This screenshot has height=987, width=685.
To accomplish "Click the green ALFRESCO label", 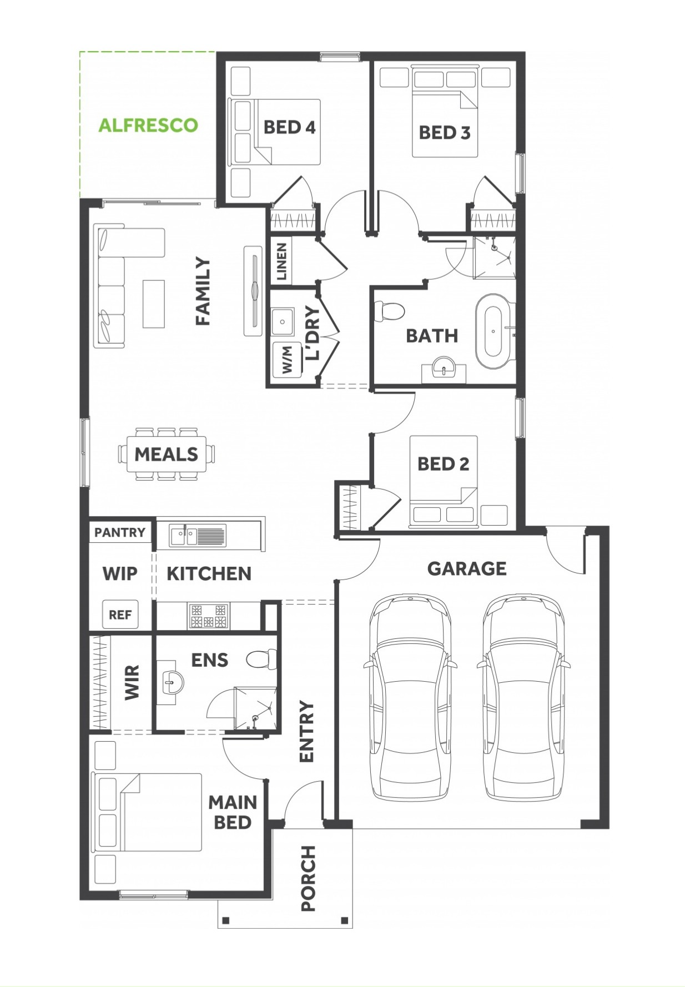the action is [x=148, y=125].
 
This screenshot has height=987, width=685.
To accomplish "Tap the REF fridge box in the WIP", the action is [x=120, y=615].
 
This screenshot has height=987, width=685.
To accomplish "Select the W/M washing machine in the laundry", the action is [x=288, y=359].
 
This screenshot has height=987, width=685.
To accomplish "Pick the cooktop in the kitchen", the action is [x=209, y=616].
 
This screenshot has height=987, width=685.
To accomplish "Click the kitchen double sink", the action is [x=197, y=536].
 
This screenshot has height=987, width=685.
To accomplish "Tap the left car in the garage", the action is [x=411, y=697].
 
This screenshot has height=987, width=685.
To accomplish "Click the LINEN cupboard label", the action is [x=281, y=261].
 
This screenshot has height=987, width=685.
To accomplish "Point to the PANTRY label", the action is [x=120, y=532].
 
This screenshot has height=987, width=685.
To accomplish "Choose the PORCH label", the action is [x=308, y=878].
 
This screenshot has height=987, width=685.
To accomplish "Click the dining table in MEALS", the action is [x=167, y=454].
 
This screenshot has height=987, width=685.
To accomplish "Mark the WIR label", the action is [x=132, y=682].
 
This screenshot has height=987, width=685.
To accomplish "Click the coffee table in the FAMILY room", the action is [x=154, y=304].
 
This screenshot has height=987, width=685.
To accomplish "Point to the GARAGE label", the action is [x=467, y=568].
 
